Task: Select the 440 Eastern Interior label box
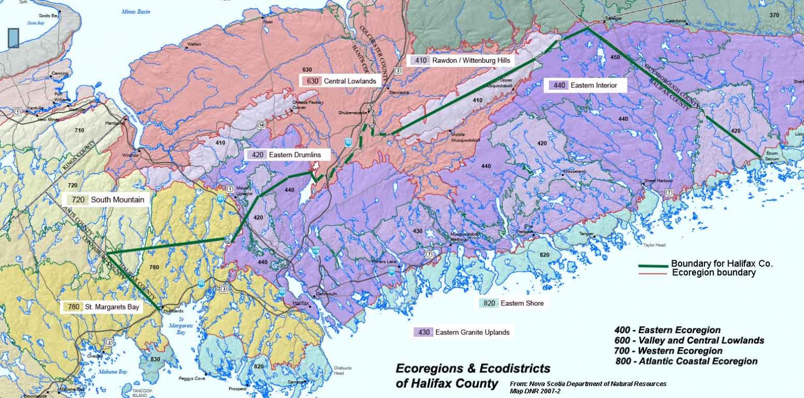tap(585, 85)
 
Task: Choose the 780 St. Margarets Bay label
tap(102, 307)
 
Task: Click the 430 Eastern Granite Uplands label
tap(461, 332)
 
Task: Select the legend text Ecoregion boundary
tap(713, 273)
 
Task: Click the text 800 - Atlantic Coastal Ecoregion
tap(687, 361)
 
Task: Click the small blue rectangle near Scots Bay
tap(14, 38)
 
